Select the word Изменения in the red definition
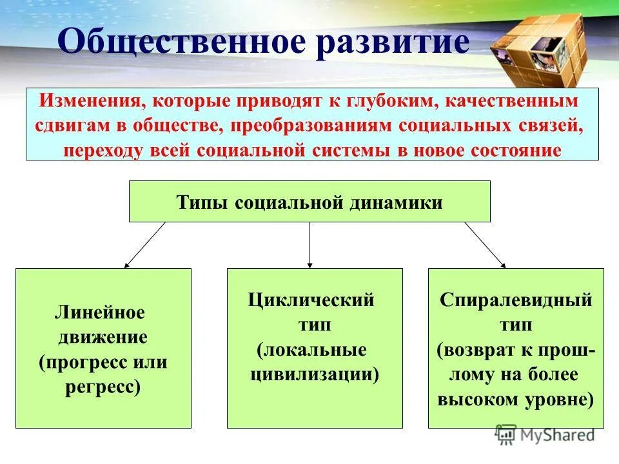coord(90,102)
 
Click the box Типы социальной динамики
coord(309,202)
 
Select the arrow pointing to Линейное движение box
coord(144,245)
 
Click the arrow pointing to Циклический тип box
coord(310,245)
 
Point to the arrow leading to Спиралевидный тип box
coord(485,245)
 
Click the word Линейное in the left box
coord(100,313)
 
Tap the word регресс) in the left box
coord(103,387)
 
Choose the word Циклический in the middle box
coord(311,300)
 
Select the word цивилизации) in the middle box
coord(314,374)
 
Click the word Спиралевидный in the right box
coord(516,301)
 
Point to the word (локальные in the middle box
coord(311,350)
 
